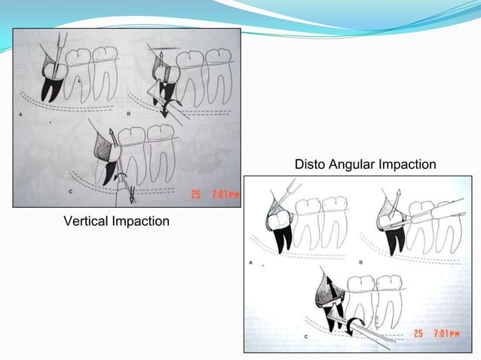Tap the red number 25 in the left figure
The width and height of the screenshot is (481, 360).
tap(195, 194)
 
